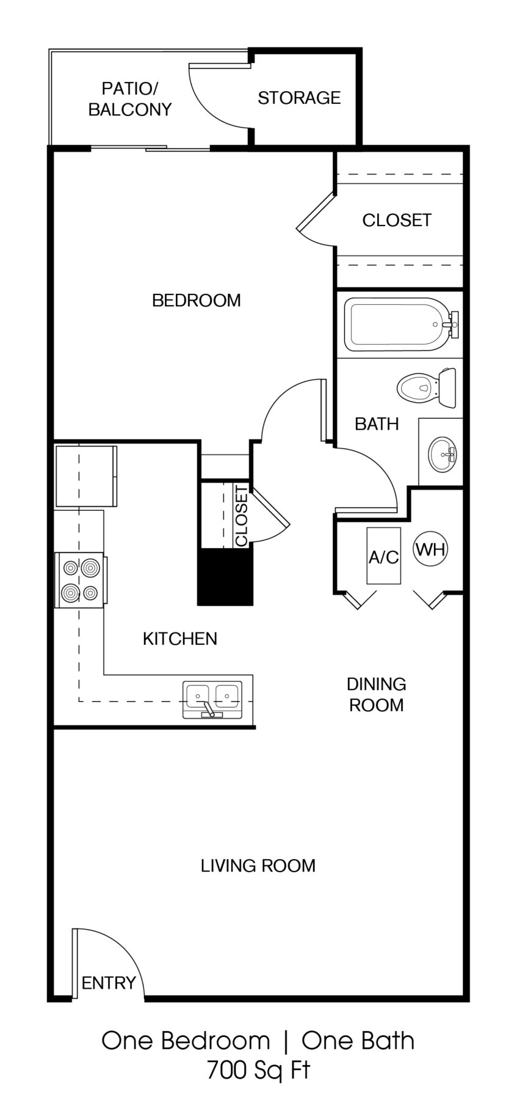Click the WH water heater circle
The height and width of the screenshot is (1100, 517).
point(430,549)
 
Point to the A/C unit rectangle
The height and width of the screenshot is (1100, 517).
point(383,555)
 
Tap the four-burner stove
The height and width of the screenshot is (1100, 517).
point(80,580)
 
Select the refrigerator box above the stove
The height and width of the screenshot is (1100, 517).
point(85,476)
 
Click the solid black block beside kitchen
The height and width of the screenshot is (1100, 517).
point(225,577)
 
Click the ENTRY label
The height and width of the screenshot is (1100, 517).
point(108,983)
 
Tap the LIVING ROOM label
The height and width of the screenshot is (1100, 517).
point(258,865)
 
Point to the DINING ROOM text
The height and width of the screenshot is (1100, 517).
point(376,694)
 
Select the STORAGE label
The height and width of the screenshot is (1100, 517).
point(298,98)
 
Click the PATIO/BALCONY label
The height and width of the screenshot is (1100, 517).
point(129,99)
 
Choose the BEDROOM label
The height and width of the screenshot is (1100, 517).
point(196,300)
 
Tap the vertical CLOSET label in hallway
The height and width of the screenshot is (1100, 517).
point(242,516)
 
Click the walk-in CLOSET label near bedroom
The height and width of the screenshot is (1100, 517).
point(397,220)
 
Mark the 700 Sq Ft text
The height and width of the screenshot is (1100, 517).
point(258,1071)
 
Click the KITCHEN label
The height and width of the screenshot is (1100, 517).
point(179,639)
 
